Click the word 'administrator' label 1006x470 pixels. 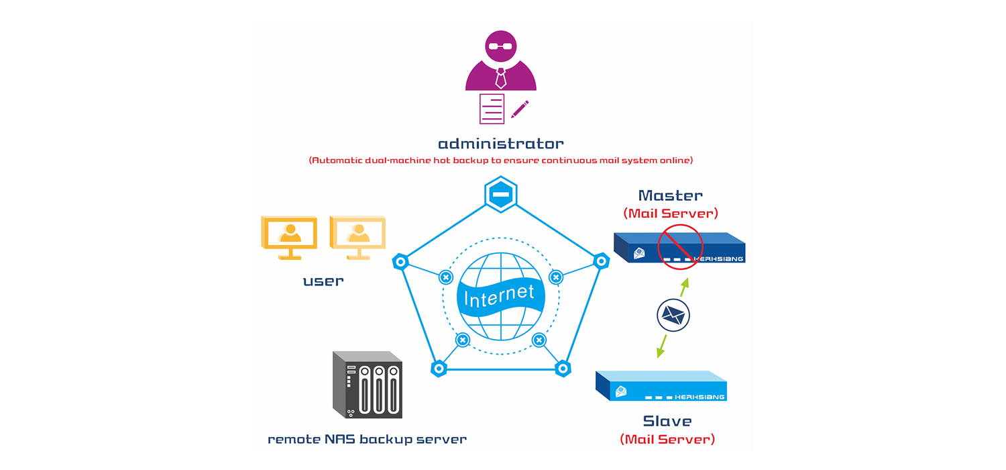pyautogui.click(x=500, y=144)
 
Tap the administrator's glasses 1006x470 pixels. pyautogui.click(x=500, y=46)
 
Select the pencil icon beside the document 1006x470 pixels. pyautogui.click(x=520, y=109)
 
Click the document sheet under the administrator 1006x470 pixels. pyautogui.click(x=492, y=109)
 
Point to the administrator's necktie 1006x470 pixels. pyautogui.click(x=500, y=78)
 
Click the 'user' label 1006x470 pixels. pyautogui.click(x=323, y=281)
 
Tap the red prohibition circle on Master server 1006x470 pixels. pyautogui.click(x=680, y=246)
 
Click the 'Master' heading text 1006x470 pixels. pyautogui.click(x=670, y=195)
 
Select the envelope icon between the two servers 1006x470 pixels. pyautogui.click(x=673, y=314)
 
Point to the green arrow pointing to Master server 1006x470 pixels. pyautogui.click(x=684, y=287)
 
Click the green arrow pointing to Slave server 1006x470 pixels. pyautogui.click(x=661, y=345)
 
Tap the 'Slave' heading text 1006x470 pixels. pyautogui.click(x=667, y=421)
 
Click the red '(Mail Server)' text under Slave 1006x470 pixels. pyautogui.click(x=667, y=440)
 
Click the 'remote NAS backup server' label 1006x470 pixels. pyautogui.click(x=367, y=440)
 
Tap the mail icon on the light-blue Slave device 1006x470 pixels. pyautogui.click(x=621, y=391)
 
